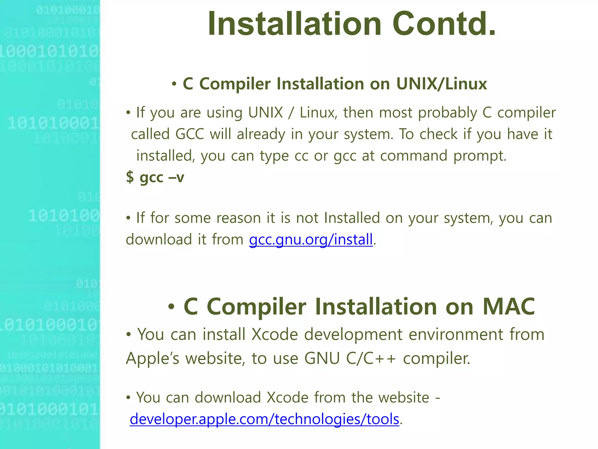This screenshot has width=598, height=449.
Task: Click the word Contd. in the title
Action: point(444,24)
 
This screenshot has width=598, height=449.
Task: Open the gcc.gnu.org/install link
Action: point(311,239)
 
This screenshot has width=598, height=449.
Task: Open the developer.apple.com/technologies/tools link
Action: point(264,419)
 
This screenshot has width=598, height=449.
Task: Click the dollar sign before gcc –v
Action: point(130,177)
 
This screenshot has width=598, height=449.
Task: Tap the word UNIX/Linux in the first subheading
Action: point(441,84)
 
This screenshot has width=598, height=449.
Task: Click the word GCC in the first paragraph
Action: point(190,134)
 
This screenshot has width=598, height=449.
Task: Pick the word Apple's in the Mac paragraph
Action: point(152,358)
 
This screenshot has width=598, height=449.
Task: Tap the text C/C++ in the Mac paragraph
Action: point(371,358)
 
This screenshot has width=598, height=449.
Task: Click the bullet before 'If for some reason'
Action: point(128,218)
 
